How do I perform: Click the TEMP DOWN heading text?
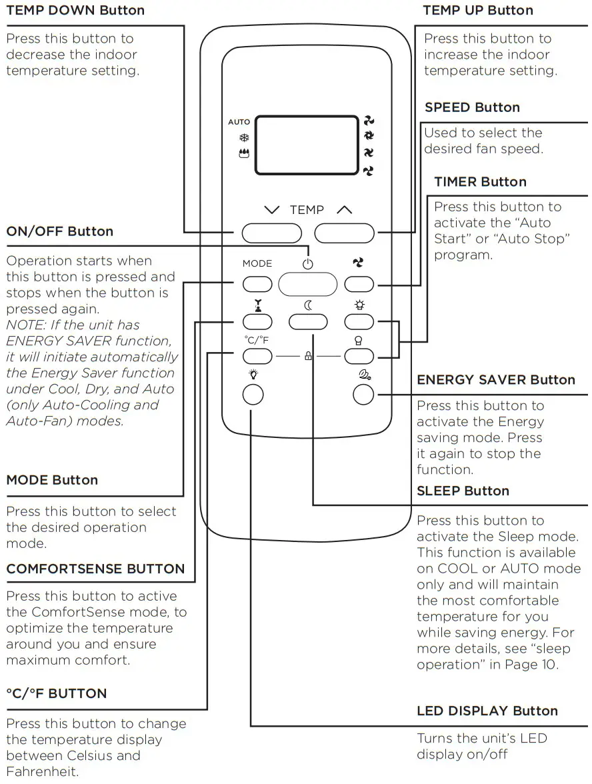point(75,10)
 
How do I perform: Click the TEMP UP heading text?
point(478,10)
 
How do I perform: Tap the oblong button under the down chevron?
point(271,232)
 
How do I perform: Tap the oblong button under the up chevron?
point(345,232)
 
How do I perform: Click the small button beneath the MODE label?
point(257,284)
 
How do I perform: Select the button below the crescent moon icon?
point(308,322)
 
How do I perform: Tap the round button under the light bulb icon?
point(253,395)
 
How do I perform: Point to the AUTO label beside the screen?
point(239,122)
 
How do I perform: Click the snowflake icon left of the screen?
point(243,138)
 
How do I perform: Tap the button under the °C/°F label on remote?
point(257,357)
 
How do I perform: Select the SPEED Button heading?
point(472,107)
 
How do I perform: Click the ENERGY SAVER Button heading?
point(495,379)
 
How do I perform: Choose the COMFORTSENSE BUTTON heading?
point(95,569)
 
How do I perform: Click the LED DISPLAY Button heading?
point(487,711)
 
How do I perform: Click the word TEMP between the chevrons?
point(307,210)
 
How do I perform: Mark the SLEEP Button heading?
point(463,491)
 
